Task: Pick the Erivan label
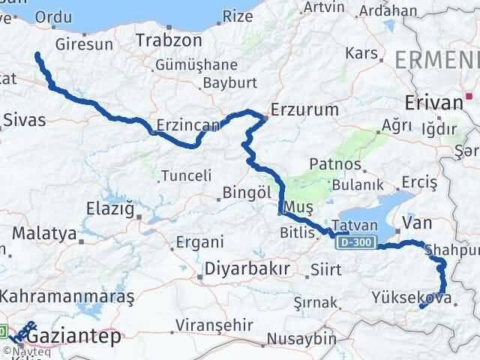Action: click(x=432, y=103)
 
